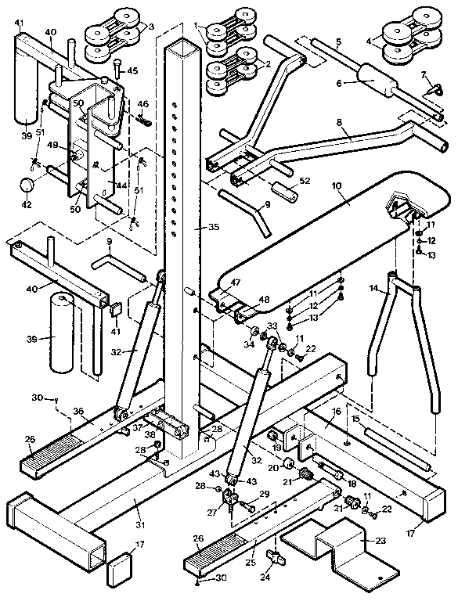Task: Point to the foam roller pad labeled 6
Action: pyautogui.click(x=372, y=78)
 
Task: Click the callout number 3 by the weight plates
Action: pyautogui.click(x=151, y=27)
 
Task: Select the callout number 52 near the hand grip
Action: pyautogui.click(x=305, y=181)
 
